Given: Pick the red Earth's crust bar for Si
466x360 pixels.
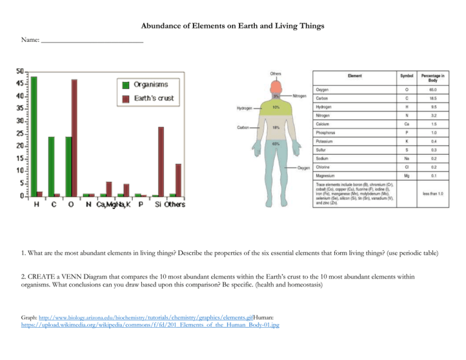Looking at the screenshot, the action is (161, 161).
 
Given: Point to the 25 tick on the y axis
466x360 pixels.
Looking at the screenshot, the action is (20, 134).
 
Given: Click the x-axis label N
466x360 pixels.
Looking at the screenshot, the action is (89, 205).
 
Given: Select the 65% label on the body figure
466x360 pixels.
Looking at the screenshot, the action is (275, 144).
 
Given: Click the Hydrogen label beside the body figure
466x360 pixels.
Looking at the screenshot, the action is (245, 109).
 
